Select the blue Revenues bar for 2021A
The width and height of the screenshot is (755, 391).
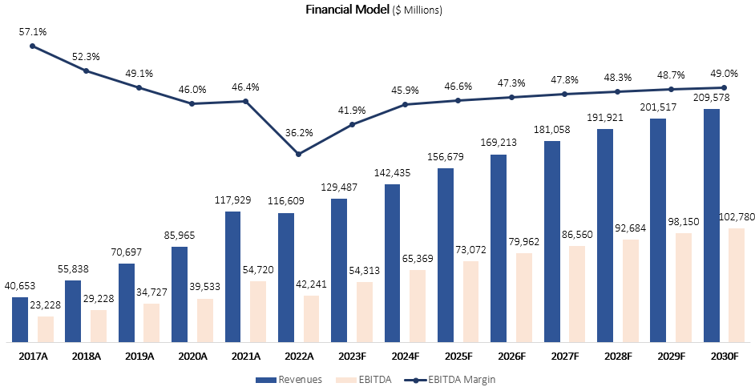(x=233, y=276)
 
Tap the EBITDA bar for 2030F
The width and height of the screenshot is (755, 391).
(x=737, y=285)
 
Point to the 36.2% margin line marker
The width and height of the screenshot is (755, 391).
(x=298, y=154)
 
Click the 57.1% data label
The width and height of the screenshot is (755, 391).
(x=33, y=32)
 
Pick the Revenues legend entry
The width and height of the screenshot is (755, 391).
(x=289, y=379)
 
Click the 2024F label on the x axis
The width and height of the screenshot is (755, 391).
(x=405, y=356)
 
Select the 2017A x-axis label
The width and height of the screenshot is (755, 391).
(x=33, y=356)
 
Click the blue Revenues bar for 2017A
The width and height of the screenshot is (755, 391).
(x=20, y=320)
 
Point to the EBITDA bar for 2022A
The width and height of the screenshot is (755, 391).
(x=311, y=319)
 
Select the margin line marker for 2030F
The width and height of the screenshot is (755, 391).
(x=724, y=87)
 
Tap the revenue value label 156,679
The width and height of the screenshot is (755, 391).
(x=446, y=158)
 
